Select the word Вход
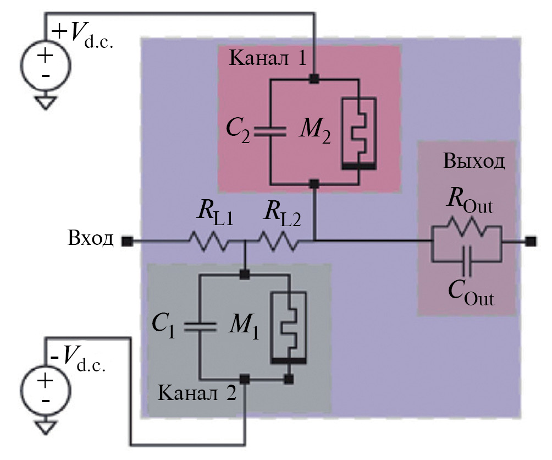pos(91,239)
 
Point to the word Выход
pos(473,162)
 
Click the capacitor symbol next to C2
pos(271,132)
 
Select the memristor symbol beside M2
pos(358,132)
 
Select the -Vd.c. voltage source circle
pos(45,388)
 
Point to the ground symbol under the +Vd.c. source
pos(45,102)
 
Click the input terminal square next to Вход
pos(127,241)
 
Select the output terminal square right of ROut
pos(530,241)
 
